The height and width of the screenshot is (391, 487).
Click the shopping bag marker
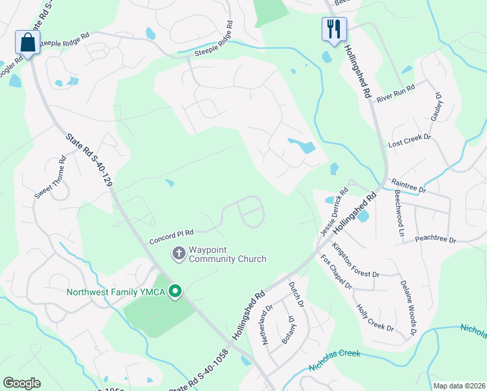click(x=27, y=42)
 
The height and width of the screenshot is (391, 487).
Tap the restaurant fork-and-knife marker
click(x=334, y=29)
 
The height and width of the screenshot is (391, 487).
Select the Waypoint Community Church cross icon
click(x=178, y=253)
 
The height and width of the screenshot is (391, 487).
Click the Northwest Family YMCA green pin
click(x=174, y=291)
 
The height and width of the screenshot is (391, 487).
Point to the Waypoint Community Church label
click(x=227, y=254)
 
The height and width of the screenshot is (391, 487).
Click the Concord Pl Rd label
click(x=171, y=233)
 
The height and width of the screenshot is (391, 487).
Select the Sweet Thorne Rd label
click(x=50, y=177)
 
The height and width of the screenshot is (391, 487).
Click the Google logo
click(x=22, y=383)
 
